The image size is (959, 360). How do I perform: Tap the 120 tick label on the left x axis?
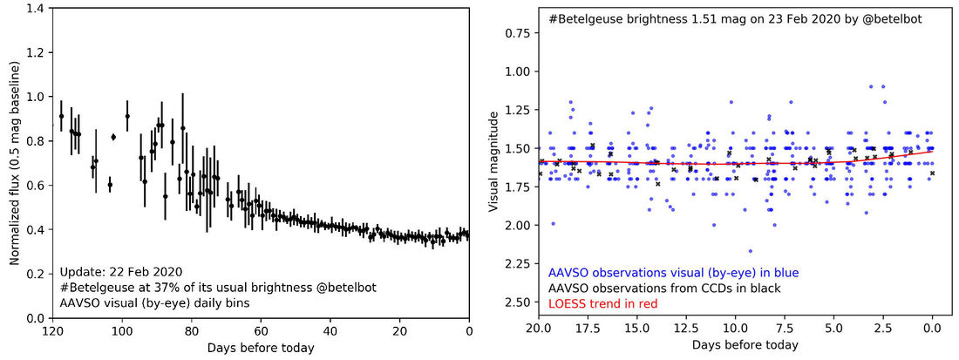(x=52, y=331)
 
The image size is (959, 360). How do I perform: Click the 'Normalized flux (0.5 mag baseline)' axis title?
(x=16, y=164)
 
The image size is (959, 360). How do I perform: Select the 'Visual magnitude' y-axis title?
(x=493, y=162)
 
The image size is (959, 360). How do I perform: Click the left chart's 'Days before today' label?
(x=261, y=348)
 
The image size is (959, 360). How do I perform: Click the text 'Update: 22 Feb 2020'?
(x=121, y=270)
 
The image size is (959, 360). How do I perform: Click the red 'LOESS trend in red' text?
(x=603, y=303)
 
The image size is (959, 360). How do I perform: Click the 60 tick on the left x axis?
(x=261, y=331)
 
